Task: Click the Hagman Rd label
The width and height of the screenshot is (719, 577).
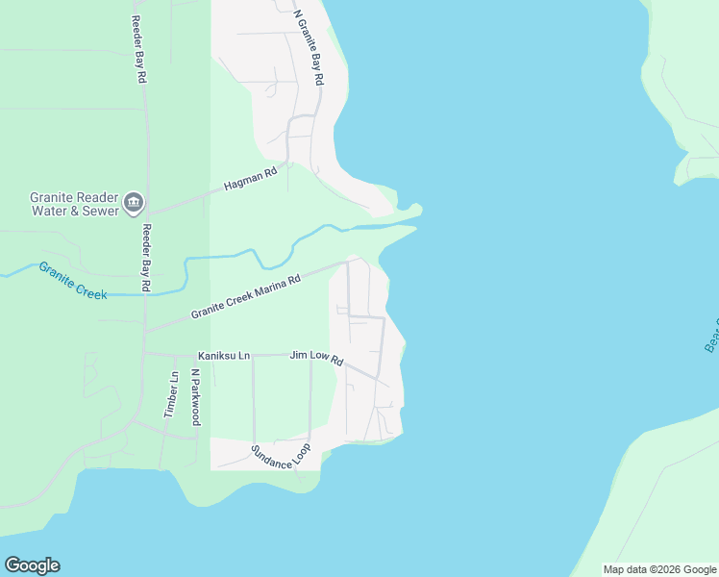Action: [250, 178]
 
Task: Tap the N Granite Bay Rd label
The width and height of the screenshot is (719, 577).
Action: [309, 48]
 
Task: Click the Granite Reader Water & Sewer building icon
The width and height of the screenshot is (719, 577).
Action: [133, 203]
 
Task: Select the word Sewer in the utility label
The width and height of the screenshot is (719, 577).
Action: [101, 211]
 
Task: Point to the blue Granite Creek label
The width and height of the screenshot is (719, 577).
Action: [73, 280]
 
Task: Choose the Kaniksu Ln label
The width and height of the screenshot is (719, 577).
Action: [224, 356]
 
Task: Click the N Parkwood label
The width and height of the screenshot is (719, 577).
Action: [195, 396]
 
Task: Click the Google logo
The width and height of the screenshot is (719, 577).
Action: [32, 565]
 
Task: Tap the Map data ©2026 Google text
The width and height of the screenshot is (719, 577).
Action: [660, 569]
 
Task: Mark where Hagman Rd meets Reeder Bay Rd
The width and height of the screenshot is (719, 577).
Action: [145, 213]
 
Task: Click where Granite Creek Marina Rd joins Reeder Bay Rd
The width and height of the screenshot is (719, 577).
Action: [145, 332]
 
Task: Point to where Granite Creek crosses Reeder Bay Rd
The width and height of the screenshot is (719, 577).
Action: [145, 292]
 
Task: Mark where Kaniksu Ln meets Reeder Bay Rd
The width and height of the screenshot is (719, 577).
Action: [144, 354]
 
